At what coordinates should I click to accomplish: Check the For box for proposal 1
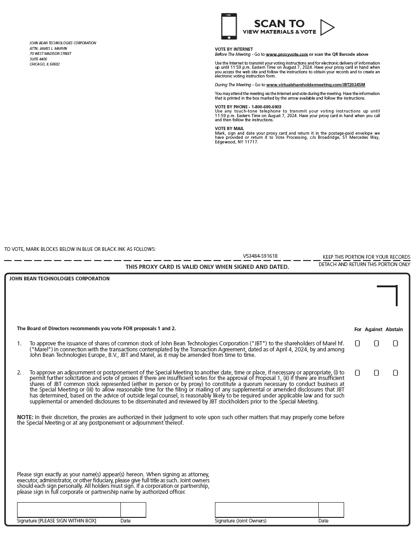[x=357, y=344]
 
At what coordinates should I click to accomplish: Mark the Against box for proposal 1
[x=376, y=344]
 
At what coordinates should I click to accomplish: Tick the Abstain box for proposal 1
[x=395, y=344]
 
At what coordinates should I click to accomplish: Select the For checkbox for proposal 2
[x=357, y=373]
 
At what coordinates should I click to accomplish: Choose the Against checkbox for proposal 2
[x=376, y=373]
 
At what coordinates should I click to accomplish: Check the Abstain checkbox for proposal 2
[x=395, y=373]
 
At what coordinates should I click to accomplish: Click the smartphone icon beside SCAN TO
[x=229, y=26]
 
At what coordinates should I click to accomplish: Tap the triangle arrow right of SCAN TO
[x=327, y=28]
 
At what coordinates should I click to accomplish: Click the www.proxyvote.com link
[x=286, y=54]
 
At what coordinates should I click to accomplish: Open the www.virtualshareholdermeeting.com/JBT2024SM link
[x=316, y=85]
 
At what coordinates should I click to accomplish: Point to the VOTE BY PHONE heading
[x=248, y=107]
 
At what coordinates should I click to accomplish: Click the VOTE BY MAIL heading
[x=229, y=129]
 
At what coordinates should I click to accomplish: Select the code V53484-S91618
[x=260, y=256]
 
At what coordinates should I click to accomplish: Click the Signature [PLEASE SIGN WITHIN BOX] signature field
[x=69, y=510]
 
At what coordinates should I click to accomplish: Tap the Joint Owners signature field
[x=267, y=510]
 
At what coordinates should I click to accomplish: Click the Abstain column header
[x=394, y=329]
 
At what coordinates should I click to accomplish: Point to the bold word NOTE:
[x=25, y=417]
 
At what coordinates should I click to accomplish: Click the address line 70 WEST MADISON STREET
[x=50, y=53]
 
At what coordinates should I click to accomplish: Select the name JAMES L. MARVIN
[x=53, y=48]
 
